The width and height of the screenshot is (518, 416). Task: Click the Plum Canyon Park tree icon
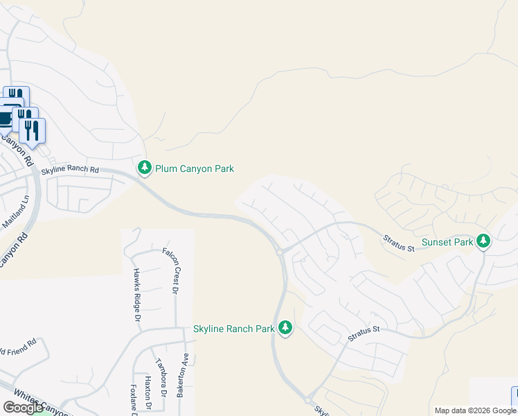145,168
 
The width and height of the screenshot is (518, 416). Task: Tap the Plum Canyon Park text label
195,168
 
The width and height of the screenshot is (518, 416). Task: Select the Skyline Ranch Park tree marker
285,328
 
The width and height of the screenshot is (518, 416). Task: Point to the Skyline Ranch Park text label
234,329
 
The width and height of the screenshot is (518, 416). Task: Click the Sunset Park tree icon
483,242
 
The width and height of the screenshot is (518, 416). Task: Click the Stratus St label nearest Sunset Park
399,243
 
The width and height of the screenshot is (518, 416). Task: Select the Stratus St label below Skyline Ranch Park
364,333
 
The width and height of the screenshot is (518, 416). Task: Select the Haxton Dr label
148,393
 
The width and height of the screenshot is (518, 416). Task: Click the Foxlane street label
133,399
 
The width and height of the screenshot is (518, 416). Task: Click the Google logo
23,408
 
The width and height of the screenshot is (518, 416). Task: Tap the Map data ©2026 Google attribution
474,410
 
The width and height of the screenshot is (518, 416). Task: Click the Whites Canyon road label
42,404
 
